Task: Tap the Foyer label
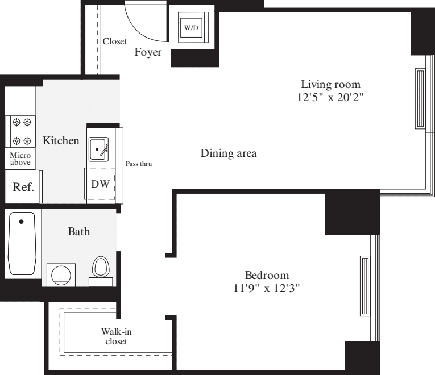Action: click(x=148, y=53)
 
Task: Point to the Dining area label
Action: click(x=229, y=153)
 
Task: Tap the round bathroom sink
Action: click(x=61, y=276)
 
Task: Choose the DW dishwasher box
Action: click(x=101, y=184)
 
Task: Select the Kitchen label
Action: click(x=61, y=140)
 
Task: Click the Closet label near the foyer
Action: click(x=114, y=41)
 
